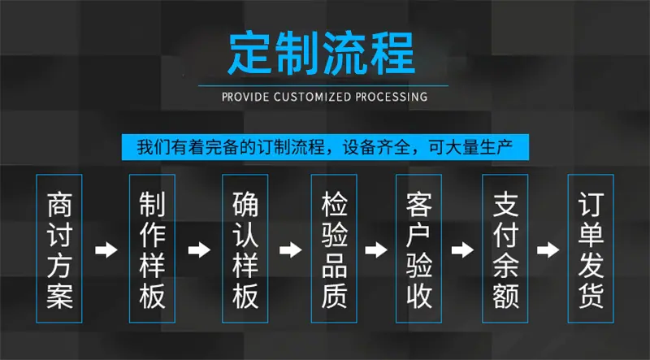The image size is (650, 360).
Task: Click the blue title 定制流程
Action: [x=321, y=53]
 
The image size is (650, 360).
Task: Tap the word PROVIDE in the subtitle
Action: [x=245, y=97]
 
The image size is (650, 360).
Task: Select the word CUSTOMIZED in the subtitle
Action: [x=312, y=97]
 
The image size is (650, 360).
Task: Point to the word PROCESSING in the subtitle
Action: [x=392, y=97]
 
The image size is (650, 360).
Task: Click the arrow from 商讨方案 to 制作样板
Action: [x=106, y=250]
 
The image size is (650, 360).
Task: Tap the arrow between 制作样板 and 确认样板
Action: [x=199, y=250]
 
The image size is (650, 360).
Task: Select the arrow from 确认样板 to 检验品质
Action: [x=291, y=250]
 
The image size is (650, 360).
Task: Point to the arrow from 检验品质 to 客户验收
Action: [x=376, y=250]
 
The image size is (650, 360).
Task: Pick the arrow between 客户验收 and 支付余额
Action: [x=462, y=250]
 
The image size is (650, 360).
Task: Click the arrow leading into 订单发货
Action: [x=548, y=250]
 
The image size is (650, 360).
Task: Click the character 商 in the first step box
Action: [x=59, y=205]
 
